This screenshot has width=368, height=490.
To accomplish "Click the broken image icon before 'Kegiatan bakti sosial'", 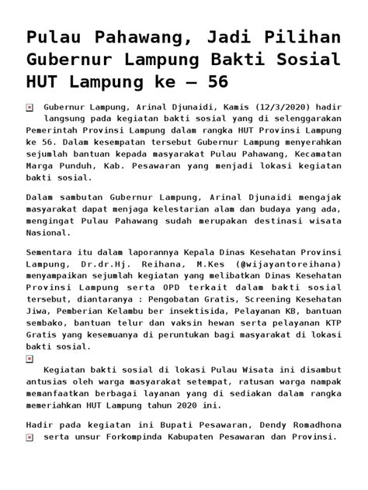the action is [30, 359].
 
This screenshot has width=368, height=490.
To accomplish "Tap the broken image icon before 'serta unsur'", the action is [30, 437].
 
